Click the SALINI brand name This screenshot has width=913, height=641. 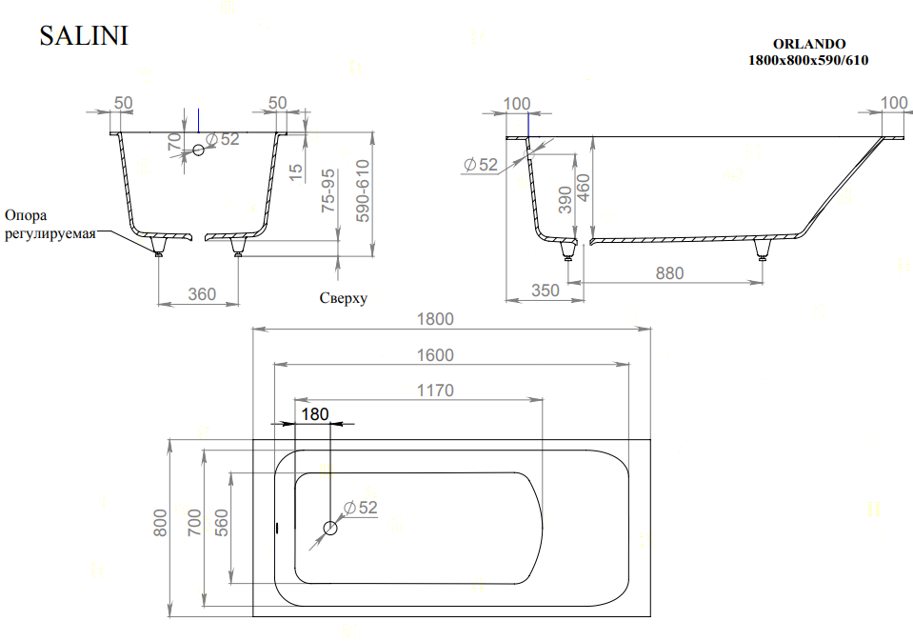coord(84,35)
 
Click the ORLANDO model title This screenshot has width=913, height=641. coord(809,44)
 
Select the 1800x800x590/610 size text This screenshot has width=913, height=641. coord(808,60)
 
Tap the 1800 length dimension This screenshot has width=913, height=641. coord(435,319)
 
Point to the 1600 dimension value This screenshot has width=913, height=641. coord(435,355)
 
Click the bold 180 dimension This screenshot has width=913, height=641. coord(315,414)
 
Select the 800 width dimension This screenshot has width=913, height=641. coord(160,523)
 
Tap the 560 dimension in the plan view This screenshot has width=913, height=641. coord(221,523)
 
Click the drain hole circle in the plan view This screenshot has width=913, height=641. coord(330,529)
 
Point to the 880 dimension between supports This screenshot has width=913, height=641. coord(669,273)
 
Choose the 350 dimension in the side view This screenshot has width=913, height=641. coord(545,290)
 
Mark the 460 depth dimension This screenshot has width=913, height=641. coord(583,188)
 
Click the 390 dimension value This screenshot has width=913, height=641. coord(565,200)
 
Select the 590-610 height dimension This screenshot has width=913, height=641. coord(363,191)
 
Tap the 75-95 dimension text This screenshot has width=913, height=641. coord(328,190)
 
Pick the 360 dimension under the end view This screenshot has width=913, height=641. coord(202,294)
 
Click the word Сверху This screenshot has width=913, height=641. coord(344,298)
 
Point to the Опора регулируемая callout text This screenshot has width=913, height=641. coord(50,225)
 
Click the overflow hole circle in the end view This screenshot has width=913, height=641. coord(199,150)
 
